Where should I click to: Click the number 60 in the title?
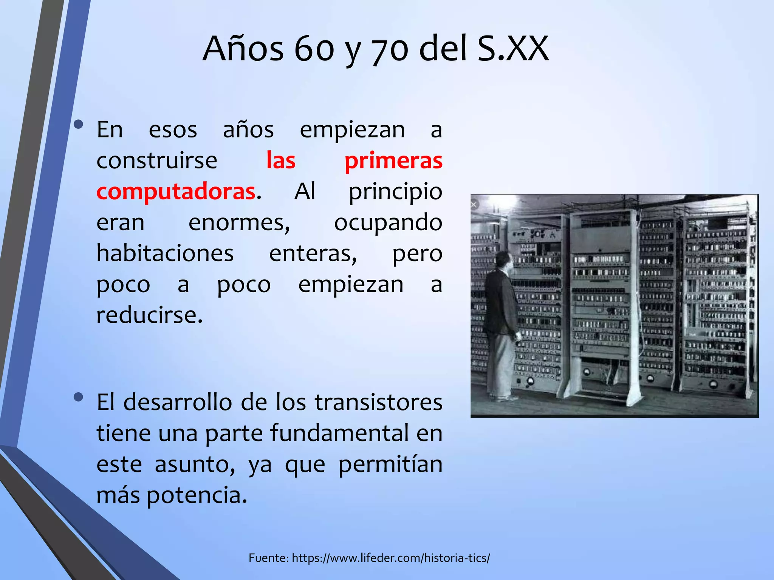click(314, 49)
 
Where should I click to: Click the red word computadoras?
click(176, 191)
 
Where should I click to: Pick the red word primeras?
click(393, 160)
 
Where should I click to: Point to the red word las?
click(281, 160)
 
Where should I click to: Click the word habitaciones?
click(165, 253)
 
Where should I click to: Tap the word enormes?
click(239, 222)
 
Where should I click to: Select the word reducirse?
click(150, 315)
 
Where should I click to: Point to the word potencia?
click(197, 495)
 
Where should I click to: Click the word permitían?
click(390, 464)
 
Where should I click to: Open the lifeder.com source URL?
click(391, 558)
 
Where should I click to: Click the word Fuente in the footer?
click(269, 558)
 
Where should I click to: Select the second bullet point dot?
click(79, 397)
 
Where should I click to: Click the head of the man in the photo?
click(503, 261)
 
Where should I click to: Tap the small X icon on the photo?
click(474, 205)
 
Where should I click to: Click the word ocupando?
click(388, 222)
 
